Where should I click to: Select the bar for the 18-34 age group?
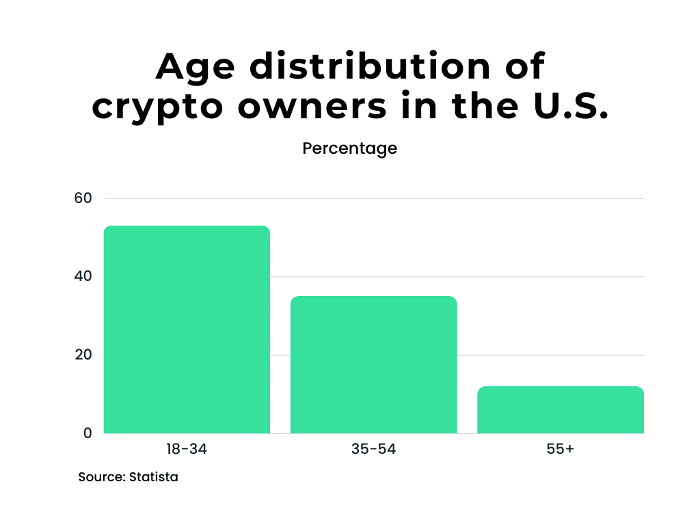click(x=187, y=329)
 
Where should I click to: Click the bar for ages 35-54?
click(x=373, y=364)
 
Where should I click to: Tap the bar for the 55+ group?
click(x=560, y=409)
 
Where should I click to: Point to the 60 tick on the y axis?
click(x=83, y=198)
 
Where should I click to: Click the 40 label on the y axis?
click(x=83, y=277)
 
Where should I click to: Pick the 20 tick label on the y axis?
click(x=83, y=355)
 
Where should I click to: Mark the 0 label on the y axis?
click(x=87, y=433)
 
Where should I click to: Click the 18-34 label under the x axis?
click(x=187, y=450)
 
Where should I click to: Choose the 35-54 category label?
click(x=373, y=450)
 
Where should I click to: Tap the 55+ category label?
click(x=560, y=450)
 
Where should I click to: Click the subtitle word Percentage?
click(x=349, y=148)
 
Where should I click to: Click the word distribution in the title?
click(x=369, y=67)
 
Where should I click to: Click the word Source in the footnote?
click(x=101, y=477)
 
